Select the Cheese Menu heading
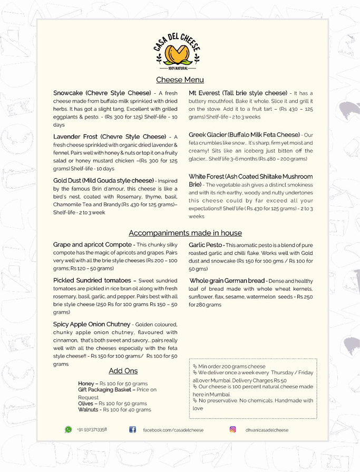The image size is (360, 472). (180, 80)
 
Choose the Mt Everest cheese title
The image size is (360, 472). (238, 92)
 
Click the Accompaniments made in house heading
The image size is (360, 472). (185, 233)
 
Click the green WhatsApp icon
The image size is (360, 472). (68, 430)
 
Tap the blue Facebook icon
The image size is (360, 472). (134, 430)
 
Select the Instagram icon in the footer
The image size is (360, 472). (232, 430)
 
